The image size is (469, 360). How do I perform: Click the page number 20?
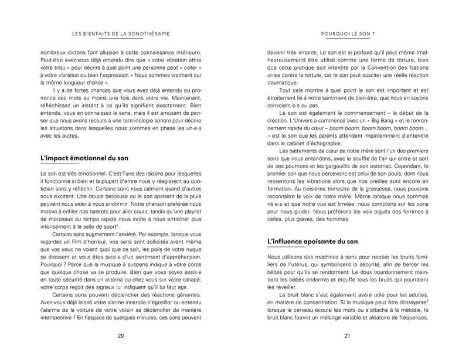click(121, 335)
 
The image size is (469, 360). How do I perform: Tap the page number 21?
click(347, 335)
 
